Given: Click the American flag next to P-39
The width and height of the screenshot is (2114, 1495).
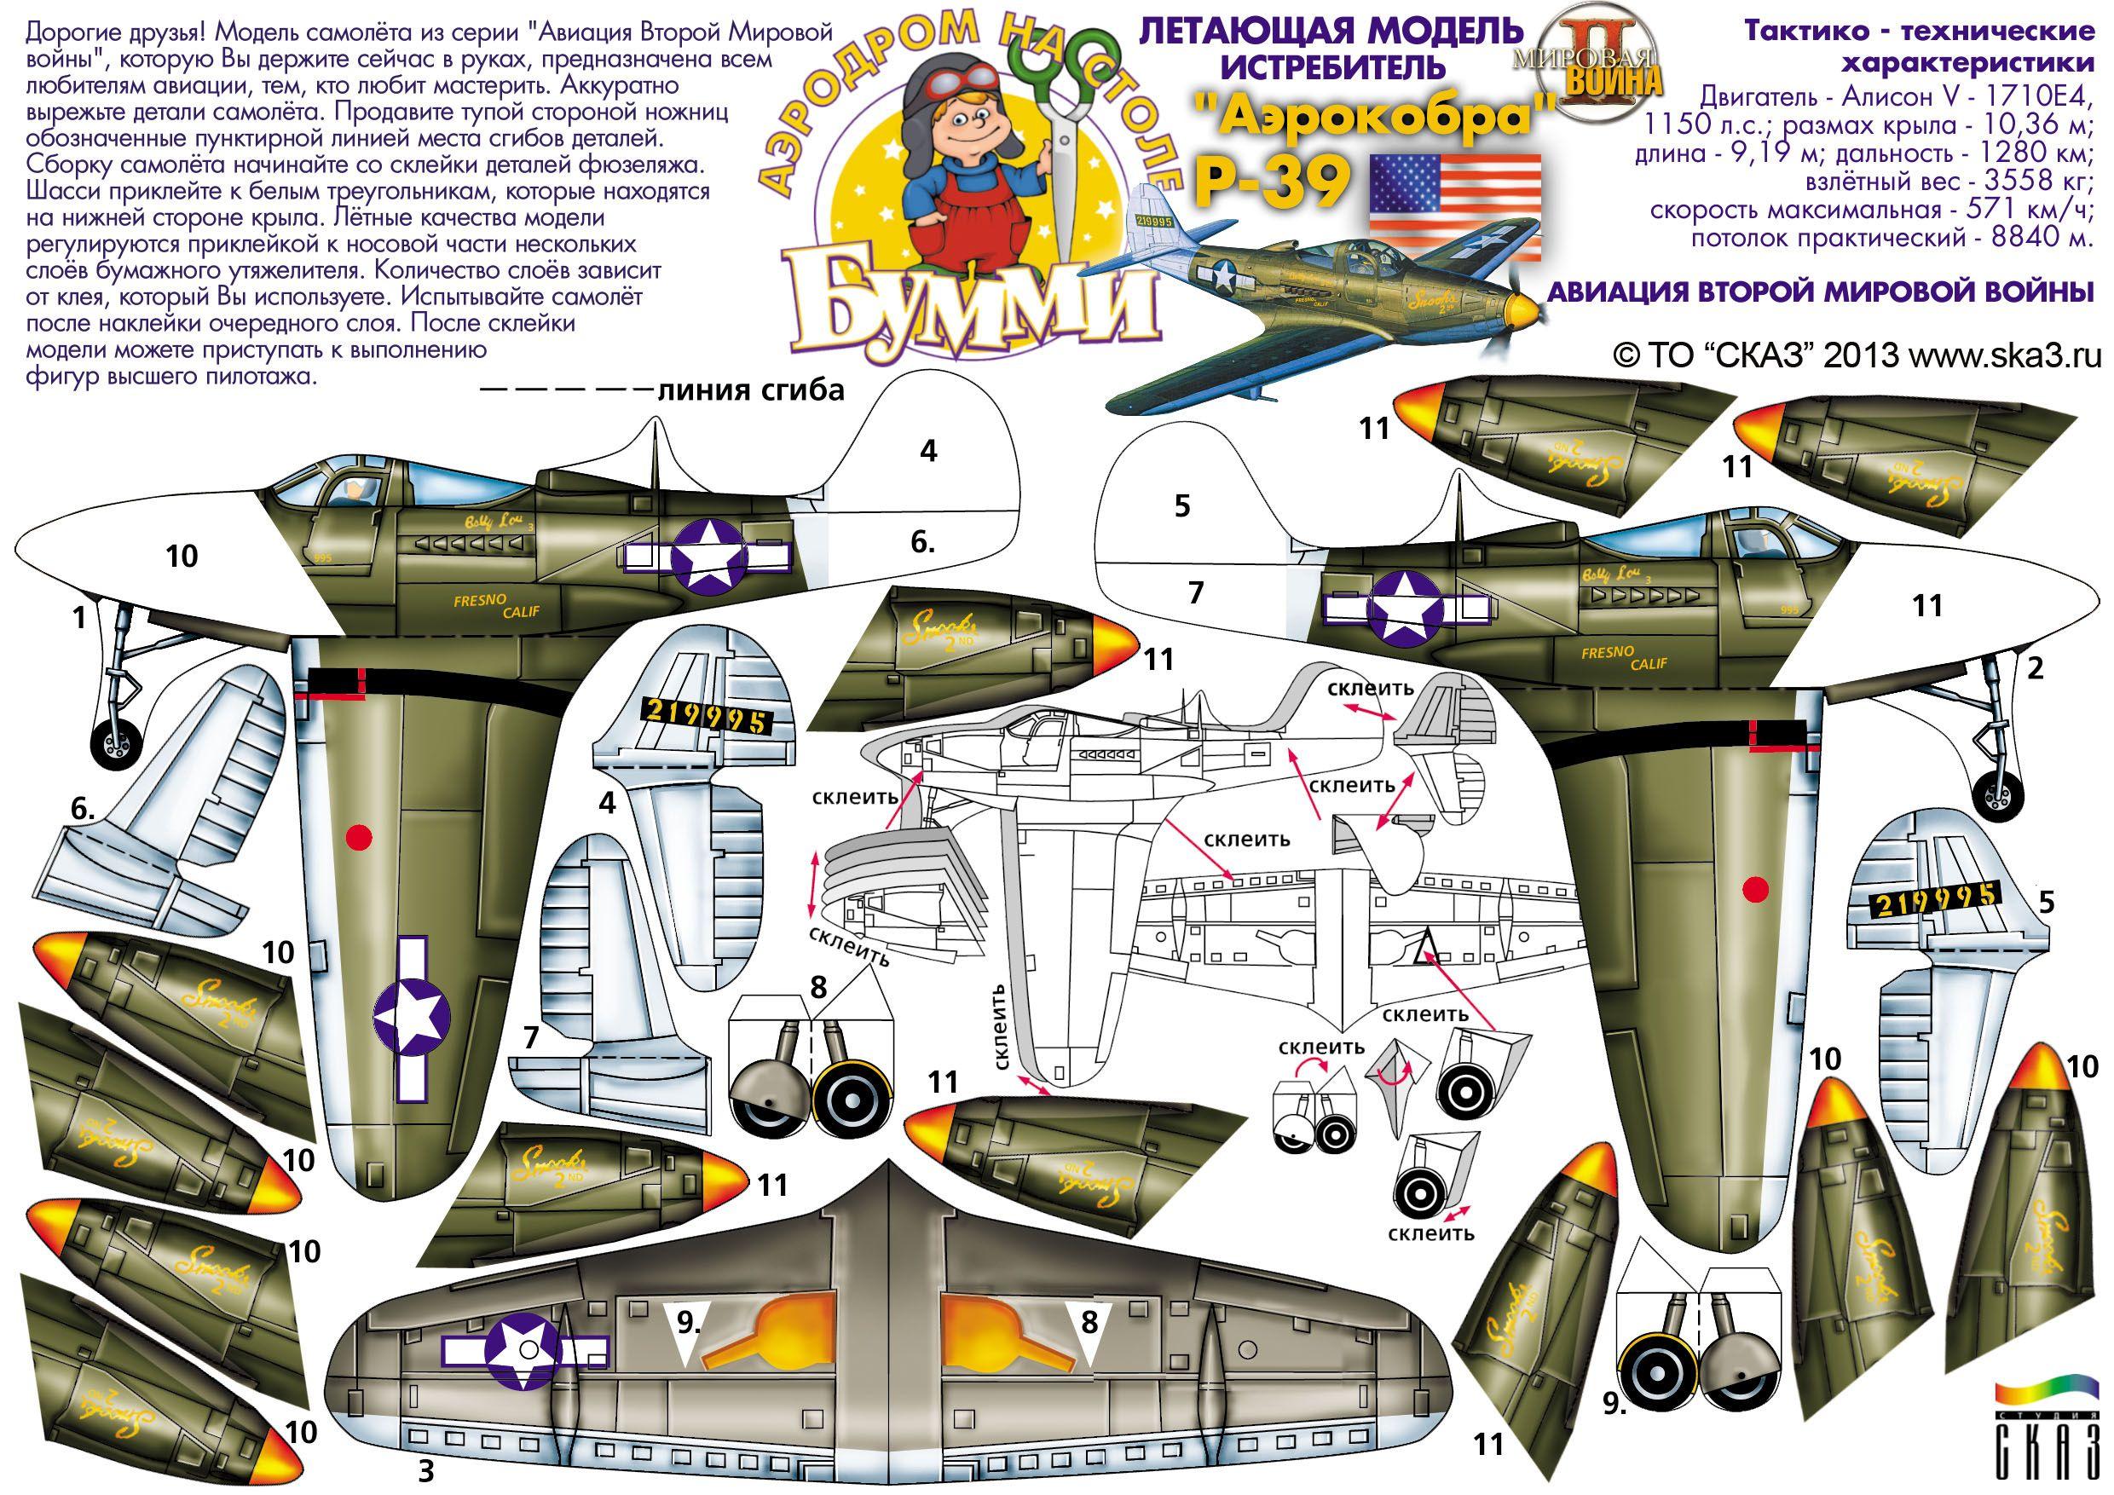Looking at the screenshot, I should pos(1455,207).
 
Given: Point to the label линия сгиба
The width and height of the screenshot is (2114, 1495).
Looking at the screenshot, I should pos(750,390).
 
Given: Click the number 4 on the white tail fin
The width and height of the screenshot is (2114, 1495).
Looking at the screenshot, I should pos(928,451).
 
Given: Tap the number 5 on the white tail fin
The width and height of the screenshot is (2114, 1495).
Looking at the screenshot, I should pos(1183,505).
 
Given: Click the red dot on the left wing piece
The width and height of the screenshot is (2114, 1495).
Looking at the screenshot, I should pos(360,836).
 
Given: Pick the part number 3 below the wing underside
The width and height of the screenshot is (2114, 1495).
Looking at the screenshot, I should pos(425,1467).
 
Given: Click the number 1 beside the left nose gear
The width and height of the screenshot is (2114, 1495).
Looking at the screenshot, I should pos(79,619).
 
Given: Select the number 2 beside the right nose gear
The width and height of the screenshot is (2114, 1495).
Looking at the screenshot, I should pos(2036,667).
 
